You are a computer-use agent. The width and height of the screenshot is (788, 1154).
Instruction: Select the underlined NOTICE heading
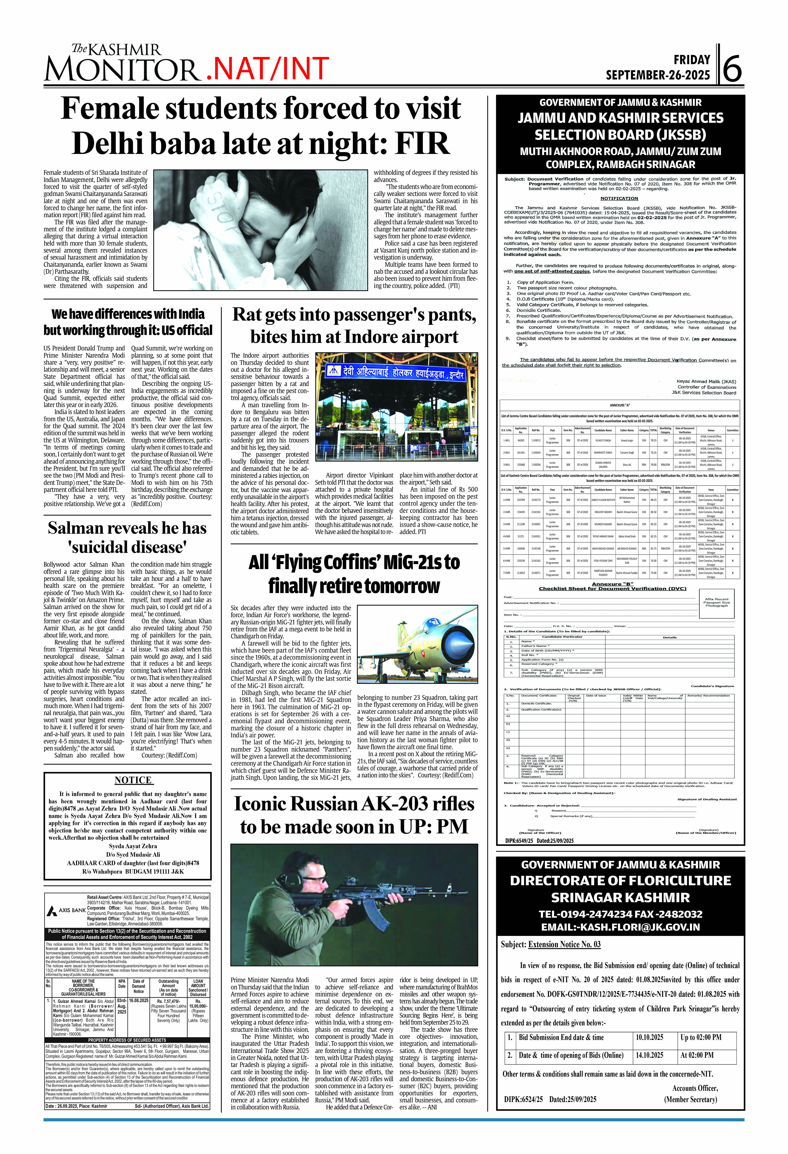coord(133,780)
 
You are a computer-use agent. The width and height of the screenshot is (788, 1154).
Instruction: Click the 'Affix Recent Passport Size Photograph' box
coord(716,602)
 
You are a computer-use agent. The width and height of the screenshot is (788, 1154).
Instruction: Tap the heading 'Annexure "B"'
coord(612,584)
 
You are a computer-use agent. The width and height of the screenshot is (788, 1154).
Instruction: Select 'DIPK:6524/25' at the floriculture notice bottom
coord(523,1099)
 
